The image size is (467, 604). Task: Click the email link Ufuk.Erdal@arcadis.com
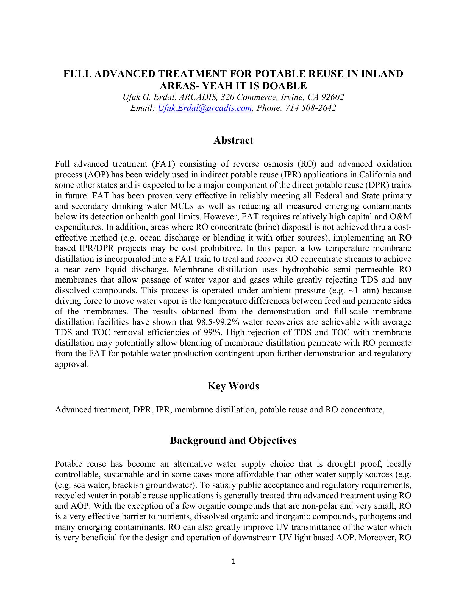pos(205,108)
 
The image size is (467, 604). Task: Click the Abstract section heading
pos(233,140)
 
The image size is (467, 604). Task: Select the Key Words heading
pos(233,386)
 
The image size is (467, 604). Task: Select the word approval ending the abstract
pos(72,364)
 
